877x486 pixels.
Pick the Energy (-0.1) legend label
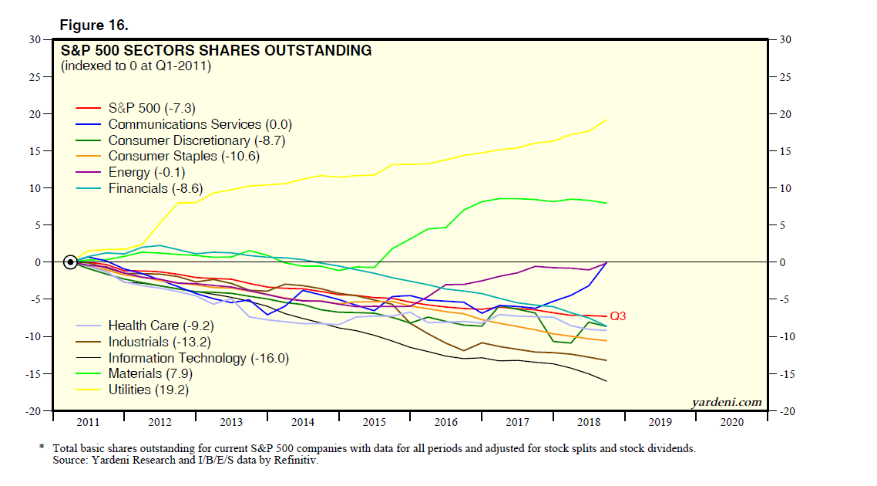tap(146, 173)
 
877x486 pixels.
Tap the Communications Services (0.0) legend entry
tap(200, 124)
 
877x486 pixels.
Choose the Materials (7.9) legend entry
tap(150, 374)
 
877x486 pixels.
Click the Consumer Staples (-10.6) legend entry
tap(183, 157)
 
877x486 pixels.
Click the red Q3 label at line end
tap(618, 316)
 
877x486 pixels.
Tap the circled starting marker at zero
tap(70, 262)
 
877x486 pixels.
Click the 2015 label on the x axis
tap(374, 423)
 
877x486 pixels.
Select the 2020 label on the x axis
tap(731, 423)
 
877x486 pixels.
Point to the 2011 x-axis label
tap(88, 423)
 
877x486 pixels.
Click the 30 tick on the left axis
tap(35, 39)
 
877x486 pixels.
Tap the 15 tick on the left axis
tap(35, 151)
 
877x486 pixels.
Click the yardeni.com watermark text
tap(727, 402)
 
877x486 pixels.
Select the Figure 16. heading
tap(94, 25)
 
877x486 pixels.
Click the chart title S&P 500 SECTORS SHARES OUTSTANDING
tap(217, 51)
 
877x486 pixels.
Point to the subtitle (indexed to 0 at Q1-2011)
tap(136, 66)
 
